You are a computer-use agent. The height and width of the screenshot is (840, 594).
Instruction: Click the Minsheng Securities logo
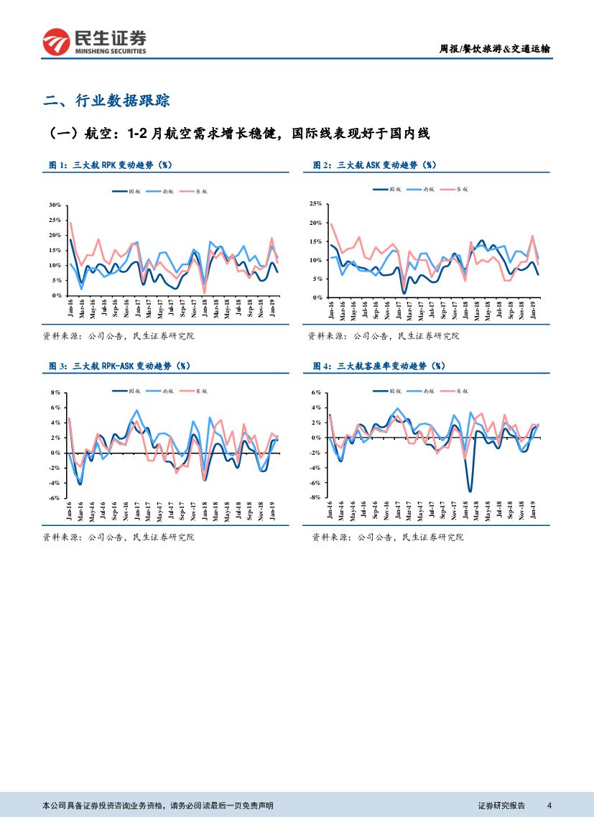tap(94, 42)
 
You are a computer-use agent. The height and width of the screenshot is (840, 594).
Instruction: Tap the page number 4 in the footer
tap(549, 806)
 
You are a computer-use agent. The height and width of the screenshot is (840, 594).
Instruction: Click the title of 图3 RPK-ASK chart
tap(119, 366)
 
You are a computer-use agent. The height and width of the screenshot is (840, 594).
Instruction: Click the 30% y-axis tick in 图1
tap(55, 205)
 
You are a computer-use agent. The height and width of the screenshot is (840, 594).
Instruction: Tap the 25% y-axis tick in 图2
tap(315, 204)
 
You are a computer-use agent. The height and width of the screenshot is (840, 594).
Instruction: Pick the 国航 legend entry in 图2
tap(388, 189)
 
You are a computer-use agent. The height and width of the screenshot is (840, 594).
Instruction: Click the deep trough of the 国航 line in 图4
tap(470, 491)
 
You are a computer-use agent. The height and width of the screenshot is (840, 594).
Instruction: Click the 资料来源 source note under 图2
tap(383, 336)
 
